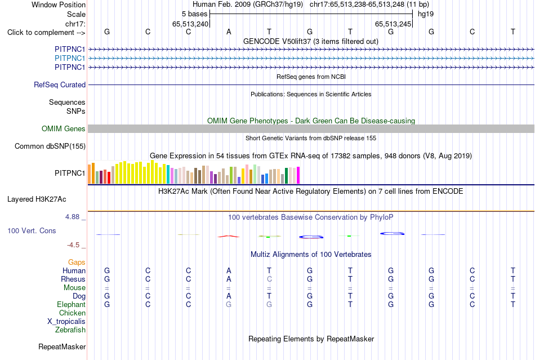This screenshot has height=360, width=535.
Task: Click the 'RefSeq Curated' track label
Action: [60, 85]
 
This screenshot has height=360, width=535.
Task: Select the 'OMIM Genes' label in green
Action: [64, 128]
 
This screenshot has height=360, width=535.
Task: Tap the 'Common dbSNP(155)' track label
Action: [50, 146]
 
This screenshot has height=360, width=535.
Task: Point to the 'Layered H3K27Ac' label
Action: [37, 199]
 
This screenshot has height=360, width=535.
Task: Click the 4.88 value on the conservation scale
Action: [72, 217]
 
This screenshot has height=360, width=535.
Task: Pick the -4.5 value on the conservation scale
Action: [73, 245]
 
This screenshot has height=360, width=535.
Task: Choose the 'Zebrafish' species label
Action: [70, 330]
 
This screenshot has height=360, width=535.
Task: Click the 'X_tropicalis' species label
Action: [66, 322]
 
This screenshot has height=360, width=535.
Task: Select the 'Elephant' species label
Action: [72, 304]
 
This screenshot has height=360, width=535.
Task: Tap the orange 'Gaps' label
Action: [77, 262]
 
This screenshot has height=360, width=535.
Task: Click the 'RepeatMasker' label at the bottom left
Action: [62, 346]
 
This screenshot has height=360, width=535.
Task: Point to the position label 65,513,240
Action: [190, 24]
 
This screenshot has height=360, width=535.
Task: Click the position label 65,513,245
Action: [393, 24]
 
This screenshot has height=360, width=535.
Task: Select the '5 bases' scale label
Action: [194, 14]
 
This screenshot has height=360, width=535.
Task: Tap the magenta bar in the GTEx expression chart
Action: [298, 175]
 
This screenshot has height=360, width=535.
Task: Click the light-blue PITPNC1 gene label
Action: [70, 59]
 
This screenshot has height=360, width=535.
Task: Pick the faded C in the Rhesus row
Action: [269, 279]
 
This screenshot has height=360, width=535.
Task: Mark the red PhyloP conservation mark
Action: [228, 236]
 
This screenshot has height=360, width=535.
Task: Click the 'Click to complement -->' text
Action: [46, 33]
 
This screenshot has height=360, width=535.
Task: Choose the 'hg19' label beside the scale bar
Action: [426, 14]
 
